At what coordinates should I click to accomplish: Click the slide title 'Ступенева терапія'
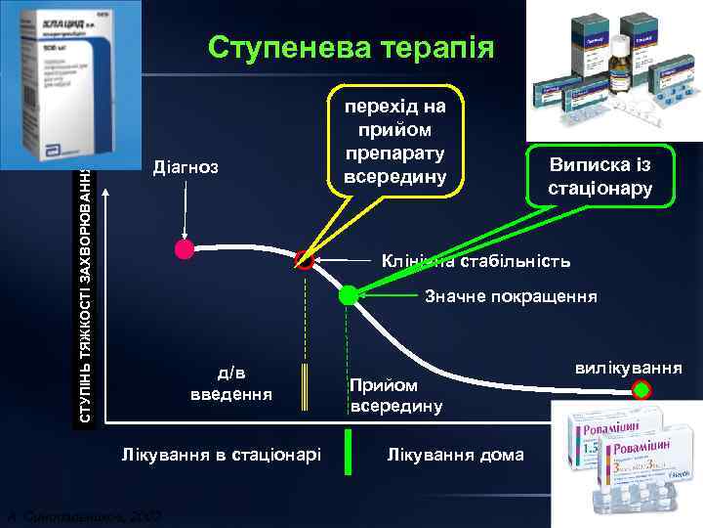pyautogui.click(x=351, y=48)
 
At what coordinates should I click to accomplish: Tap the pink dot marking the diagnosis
pyautogui.click(x=185, y=249)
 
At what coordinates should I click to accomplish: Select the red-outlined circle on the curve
pyautogui.click(x=306, y=261)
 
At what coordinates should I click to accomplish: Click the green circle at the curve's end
pyautogui.click(x=641, y=391)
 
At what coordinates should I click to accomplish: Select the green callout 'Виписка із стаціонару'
pyautogui.click(x=600, y=175)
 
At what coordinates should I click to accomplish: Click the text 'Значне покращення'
pyautogui.click(x=511, y=296)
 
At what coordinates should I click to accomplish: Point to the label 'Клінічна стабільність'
pyautogui.click(x=476, y=262)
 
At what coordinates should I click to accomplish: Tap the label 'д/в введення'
pyautogui.click(x=231, y=383)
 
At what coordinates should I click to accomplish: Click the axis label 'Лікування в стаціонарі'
pyautogui.click(x=221, y=455)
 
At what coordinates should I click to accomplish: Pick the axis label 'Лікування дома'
pyautogui.click(x=455, y=455)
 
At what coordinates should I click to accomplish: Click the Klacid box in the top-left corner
pyautogui.click(x=70, y=83)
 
